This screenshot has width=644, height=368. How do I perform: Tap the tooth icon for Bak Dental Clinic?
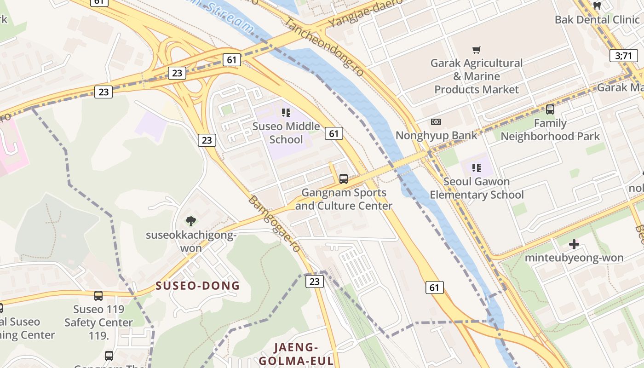click(x=598, y=6)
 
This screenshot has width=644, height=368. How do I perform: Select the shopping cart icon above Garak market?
click(x=477, y=50)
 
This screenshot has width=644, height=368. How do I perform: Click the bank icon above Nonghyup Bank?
click(x=436, y=122)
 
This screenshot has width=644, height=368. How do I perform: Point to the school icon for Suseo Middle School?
click(x=286, y=112)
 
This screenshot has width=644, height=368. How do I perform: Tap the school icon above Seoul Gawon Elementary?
click(x=477, y=168)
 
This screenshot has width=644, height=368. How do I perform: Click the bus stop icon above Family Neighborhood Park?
click(x=550, y=109)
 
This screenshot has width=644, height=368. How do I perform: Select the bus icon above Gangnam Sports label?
click(x=343, y=179)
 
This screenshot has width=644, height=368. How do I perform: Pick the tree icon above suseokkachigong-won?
click(x=191, y=221)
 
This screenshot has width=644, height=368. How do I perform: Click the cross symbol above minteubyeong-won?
click(x=574, y=244)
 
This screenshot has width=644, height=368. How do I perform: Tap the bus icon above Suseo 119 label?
click(x=98, y=295)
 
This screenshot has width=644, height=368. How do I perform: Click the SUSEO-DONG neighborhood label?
click(x=198, y=286)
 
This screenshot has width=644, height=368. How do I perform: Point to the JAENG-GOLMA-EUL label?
click(x=296, y=354)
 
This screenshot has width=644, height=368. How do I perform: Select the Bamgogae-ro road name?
click(x=275, y=224)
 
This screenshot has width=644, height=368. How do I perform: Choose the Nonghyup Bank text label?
click(x=437, y=135)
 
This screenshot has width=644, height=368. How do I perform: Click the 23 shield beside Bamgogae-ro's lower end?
click(x=315, y=281)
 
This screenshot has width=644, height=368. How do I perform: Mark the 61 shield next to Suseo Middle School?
click(x=333, y=133)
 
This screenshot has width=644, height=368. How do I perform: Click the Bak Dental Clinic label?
click(x=597, y=19)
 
